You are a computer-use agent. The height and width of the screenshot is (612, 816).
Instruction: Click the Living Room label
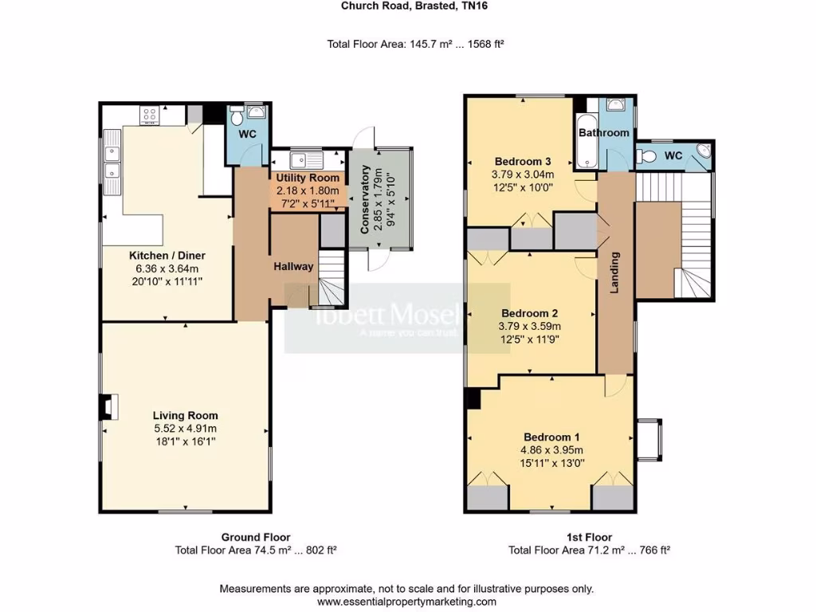click(x=185, y=415)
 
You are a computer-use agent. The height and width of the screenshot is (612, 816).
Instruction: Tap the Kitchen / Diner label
click(x=167, y=256)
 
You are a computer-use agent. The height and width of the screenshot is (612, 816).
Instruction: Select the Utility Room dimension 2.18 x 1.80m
click(x=308, y=191)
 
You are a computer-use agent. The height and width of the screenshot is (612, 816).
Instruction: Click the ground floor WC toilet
click(x=237, y=117)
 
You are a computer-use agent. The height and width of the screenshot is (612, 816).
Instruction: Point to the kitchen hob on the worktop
click(x=149, y=116)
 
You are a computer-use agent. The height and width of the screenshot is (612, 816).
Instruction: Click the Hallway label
click(x=294, y=266)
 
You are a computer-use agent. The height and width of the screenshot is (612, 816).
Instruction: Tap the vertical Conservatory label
click(x=367, y=200)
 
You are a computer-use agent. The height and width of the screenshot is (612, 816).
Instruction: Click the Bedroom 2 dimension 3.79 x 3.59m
click(x=530, y=326)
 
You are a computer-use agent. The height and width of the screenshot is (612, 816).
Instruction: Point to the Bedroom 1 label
click(x=551, y=437)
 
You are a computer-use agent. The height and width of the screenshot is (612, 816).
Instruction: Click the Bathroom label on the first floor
click(x=603, y=132)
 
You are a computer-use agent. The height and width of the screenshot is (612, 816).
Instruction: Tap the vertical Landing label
click(x=614, y=273)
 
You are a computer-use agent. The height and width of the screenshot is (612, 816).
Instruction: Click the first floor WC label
click(x=673, y=155)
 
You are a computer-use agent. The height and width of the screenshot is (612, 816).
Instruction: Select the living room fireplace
click(x=108, y=408)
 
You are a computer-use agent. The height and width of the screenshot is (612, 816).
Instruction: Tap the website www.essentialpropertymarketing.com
click(x=407, y=602)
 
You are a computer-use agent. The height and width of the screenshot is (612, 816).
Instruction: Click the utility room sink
click(x=304, y=158)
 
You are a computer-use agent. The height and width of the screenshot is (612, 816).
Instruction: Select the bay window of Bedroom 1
click(x=649, y=439)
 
